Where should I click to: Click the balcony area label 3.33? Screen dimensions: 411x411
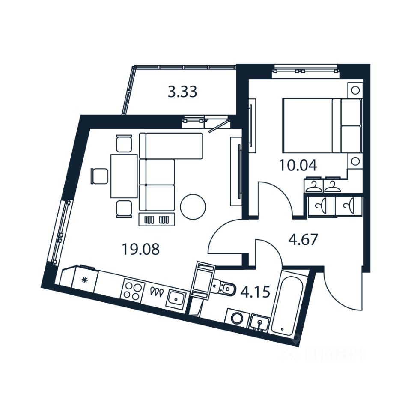pos(182,92)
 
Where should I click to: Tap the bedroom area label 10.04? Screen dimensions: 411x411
pos(298,165)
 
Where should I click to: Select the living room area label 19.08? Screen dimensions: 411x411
pos(140,249)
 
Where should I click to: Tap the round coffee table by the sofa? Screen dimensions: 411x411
pos(193,207)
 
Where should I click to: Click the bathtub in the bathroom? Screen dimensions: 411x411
pos(287,304)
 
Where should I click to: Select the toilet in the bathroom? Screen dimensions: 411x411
pos(224,289)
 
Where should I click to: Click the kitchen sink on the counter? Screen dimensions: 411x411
pos(176,298)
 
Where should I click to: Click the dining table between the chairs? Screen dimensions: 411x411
pos(124,176)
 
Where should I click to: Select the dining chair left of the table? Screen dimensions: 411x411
pos(99,176)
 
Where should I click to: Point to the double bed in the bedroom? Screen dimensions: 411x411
pos(321,125)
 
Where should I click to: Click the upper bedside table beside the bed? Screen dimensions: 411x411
pos(354,90)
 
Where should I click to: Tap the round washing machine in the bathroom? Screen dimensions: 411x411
pos(236,318)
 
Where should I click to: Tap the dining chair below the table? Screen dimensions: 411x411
pos(124,208)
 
